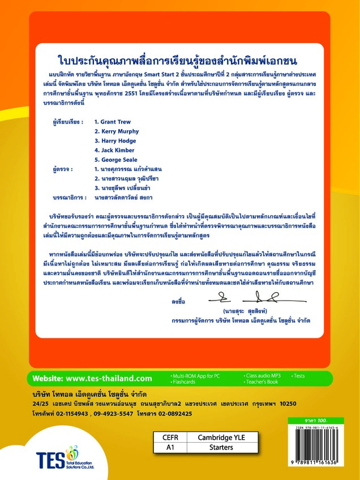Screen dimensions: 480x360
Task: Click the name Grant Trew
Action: tap(114, 122)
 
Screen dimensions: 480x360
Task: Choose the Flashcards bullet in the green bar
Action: tap(187, 382)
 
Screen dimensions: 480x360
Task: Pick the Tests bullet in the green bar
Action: tap(299, 376)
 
